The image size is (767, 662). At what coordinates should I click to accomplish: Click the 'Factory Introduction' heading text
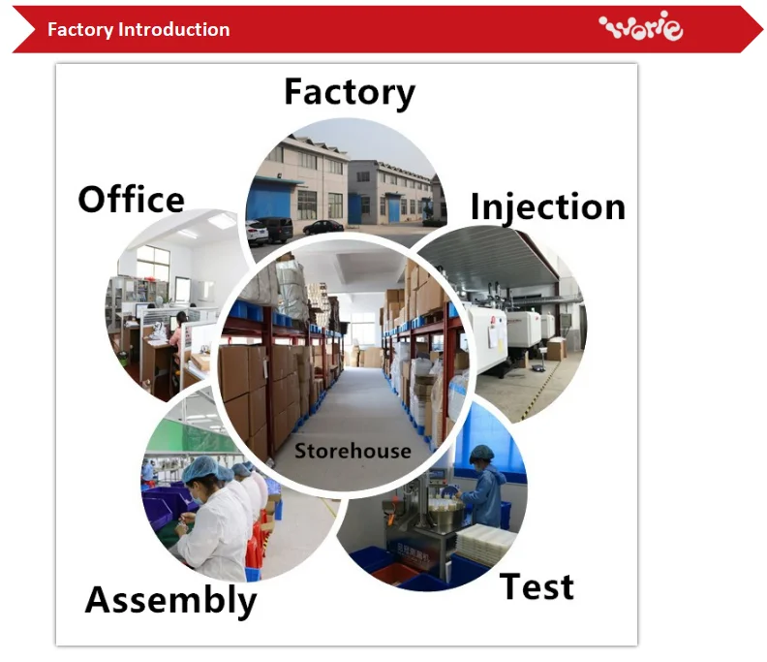[x=138, y=30]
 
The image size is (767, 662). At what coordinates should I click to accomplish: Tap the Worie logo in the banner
[x=641, y=26]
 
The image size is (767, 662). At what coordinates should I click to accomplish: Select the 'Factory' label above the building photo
[x=350, y=92]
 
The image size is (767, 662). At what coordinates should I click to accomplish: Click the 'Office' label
[x=131, y=200]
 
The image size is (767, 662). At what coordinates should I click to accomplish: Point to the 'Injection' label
[x=548, y=207]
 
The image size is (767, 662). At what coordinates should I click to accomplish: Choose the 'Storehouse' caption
[x=353, y=451]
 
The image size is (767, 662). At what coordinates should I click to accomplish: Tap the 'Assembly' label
[x=170, y=600]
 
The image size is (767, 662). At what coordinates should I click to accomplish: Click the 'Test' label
[x=537, y=586]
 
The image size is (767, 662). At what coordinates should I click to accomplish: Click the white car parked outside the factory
[x=257, y=233]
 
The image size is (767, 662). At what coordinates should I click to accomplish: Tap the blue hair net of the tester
[x=482, y=453]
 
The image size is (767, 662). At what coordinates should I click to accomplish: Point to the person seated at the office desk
[x=177, y=334]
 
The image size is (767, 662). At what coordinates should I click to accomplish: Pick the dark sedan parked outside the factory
[x=323, y=228]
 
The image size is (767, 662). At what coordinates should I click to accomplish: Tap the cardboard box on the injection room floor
[x=556, y=349]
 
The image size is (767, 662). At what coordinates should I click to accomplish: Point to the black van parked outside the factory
[x=275, y=229]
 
